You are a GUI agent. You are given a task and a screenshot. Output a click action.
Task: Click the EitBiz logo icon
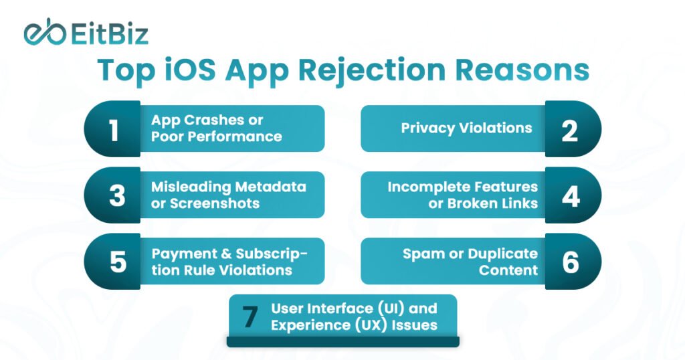point(43,33)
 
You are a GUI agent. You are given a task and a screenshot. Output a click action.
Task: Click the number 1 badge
point(113,129)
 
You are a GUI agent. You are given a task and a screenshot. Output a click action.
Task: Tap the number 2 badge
point(570,129)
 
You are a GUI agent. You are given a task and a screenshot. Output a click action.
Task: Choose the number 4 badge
point(570,195)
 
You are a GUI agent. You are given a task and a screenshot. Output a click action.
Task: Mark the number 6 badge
point(570,262)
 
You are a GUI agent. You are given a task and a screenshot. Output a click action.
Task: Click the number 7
point(250,317)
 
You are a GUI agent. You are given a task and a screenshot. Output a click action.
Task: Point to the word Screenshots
point(214,203)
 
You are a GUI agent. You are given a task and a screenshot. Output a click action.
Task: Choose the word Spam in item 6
point(421,254)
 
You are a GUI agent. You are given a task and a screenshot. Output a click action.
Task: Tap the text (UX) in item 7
point(370,325)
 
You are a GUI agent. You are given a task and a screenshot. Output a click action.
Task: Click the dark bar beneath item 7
point(342,341)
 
